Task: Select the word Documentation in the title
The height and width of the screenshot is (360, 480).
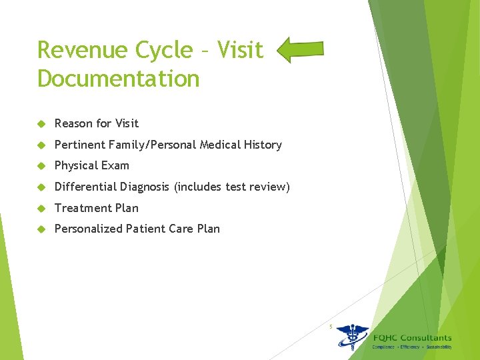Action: point(119,79)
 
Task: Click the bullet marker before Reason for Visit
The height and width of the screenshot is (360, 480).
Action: point(41,124)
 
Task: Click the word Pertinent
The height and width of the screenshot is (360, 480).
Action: point(80,145)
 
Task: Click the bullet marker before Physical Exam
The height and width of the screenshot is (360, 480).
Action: point(41,166)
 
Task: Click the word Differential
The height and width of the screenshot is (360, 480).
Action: point(85,187)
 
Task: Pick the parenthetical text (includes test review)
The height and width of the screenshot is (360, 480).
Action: point(232,187)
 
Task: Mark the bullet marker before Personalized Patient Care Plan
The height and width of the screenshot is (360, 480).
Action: point(41,229)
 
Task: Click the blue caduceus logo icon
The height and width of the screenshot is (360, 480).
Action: point(351,337)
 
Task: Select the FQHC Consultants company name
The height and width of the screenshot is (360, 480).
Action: point(412,337)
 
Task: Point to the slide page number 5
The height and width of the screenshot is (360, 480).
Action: point(330,326)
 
